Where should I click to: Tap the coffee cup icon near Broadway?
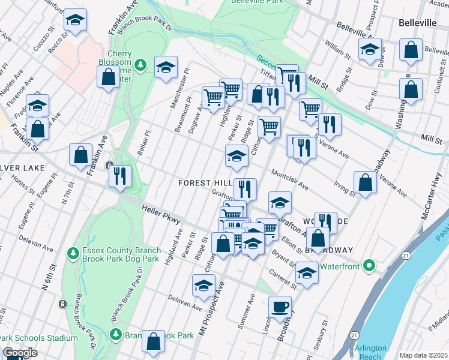(x=280, y=307)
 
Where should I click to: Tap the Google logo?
(x=19, y=353)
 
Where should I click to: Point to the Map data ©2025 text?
(x=424, y=355)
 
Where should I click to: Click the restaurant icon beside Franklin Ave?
(x=119, y=175)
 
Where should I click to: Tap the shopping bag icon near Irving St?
(x=365, y=182)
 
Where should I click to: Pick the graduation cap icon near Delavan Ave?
(x=204, y=285)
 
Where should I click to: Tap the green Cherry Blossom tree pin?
(x=140, y=64)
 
